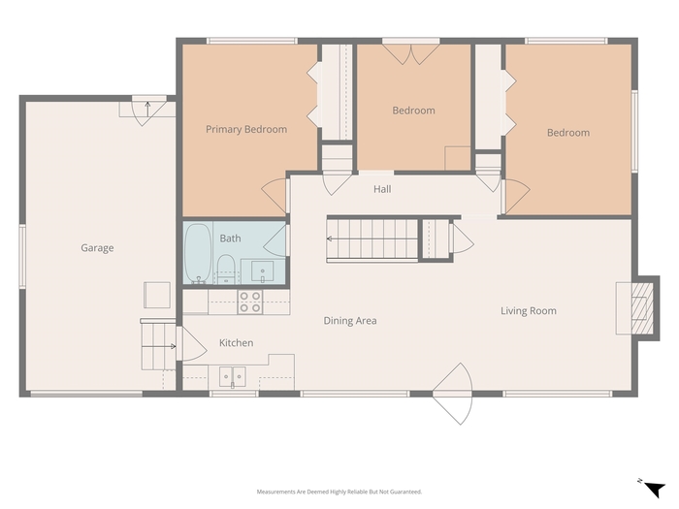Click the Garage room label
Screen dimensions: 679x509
[x=97, y=248]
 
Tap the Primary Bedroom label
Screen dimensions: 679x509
[x=246, y=129]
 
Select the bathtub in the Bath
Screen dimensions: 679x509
[x=198, y=253]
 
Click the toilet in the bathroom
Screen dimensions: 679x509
[x=226, y=269]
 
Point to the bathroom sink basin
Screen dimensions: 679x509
[x=263, y=270]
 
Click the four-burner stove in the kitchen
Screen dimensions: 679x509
[x=250, y=302]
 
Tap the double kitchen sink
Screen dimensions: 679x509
[x=233, y=376]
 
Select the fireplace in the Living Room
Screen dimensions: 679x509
[x=638, y=308]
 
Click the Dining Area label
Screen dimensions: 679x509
[x=350, y=321]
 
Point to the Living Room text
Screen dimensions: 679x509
[x=529, y=311]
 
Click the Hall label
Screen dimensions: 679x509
[x=382, y=189]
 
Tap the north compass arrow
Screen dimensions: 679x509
[x=655, y=490]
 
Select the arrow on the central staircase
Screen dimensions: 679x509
[x=330, y=239]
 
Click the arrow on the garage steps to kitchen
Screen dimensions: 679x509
[x=173, y=346]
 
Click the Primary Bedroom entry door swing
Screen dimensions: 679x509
[x=275, y=196]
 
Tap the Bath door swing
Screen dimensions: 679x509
[x=275, y=241]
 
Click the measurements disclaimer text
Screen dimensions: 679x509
[x=339, y=492]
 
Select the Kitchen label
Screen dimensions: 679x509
[x=237, y=343]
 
